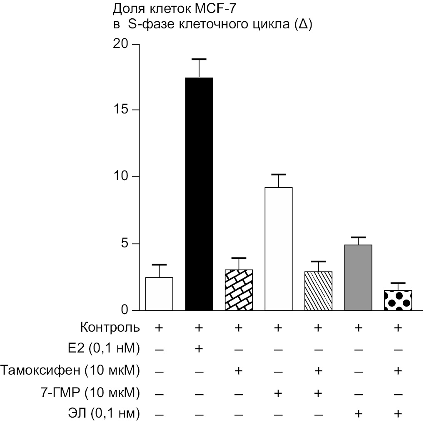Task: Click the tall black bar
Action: (199, 194)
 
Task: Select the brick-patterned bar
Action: (239, 290)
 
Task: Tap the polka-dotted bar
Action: (398, 300)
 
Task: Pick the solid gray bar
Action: (358, 277)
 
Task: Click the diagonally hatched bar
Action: (319, 291)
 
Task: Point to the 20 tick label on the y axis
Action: (121, 44)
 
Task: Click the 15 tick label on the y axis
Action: (121, 110)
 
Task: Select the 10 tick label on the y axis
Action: (121, 177)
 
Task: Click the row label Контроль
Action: (111, 327)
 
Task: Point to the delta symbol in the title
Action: (303, 24)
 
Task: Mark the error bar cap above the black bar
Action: (199, 59)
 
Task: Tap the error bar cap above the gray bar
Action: (358, 237)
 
